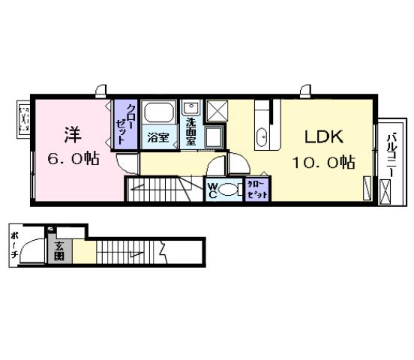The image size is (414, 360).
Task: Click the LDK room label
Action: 323,137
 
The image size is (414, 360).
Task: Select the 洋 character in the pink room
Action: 71,136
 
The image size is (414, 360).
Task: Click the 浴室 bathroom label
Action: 157,137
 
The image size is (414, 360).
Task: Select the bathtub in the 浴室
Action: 157,113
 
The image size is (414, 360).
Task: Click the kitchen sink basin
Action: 262,136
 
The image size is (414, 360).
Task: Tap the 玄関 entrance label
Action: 58,250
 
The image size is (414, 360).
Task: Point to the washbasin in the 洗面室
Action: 190,108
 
